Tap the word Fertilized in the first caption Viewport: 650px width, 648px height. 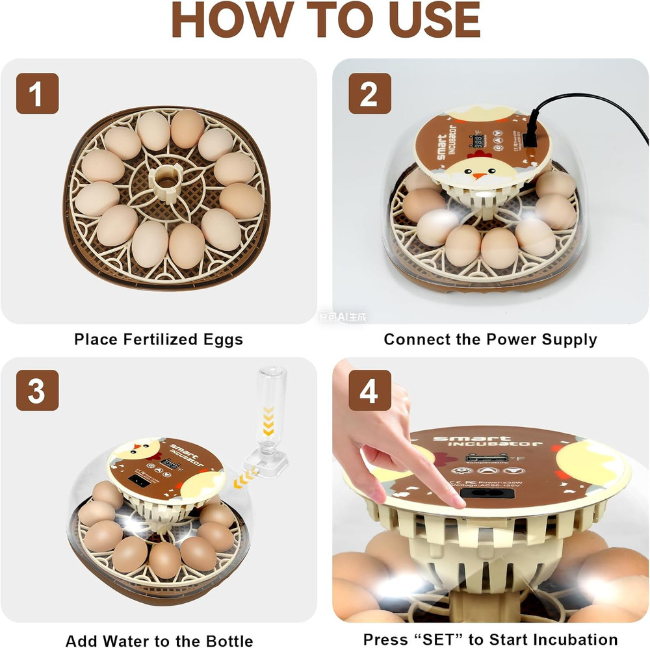(161, 339)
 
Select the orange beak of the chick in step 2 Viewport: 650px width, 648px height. (480, 174)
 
